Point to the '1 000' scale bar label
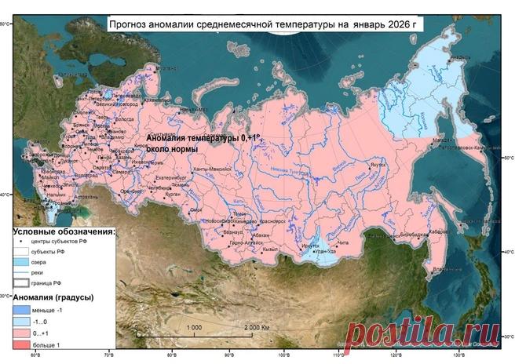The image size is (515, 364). click(194, 326)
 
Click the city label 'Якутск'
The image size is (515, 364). click(378, 166)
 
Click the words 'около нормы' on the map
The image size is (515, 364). click(172, 147)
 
